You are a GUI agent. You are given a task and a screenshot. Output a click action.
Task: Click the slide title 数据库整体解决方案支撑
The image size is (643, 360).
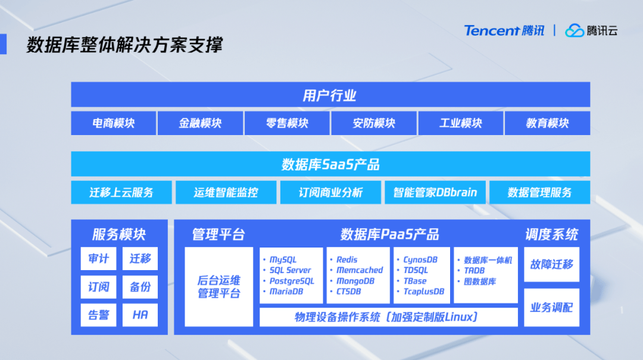tap(124, 45)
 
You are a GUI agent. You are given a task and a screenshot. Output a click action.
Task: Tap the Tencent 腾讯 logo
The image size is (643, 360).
tap(504, 30)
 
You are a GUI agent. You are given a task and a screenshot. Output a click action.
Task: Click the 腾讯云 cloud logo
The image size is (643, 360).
tap(591, 30)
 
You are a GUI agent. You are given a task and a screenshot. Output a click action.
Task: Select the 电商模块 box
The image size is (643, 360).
tap(114, 123)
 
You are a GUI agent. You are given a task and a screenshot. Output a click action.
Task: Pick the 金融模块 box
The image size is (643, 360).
tap(200, 123)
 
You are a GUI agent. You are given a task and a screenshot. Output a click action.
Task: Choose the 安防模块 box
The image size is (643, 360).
tap(374, 123)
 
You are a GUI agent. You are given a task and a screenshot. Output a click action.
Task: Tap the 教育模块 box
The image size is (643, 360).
tap(547, 123)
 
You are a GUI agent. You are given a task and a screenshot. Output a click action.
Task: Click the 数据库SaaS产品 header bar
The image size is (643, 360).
tap(330, 164)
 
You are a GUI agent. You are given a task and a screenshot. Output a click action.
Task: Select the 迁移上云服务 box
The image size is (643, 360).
tap(121, 192)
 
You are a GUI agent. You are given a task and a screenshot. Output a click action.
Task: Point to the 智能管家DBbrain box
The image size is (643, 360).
tap(435, 192)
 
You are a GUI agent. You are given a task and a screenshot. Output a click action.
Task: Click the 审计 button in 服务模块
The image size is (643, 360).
tap(99, 259)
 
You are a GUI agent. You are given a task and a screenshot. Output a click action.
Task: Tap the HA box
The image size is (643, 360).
tap(140, 315)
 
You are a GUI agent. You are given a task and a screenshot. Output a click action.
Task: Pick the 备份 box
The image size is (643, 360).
tap(140, 287)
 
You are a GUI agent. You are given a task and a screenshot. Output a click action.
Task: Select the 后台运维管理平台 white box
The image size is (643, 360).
tap(219, 287)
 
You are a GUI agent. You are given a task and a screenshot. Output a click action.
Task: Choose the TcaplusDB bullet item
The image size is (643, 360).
tap(423, 292)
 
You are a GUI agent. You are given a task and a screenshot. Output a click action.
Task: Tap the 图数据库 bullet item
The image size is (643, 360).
tap(480, 281)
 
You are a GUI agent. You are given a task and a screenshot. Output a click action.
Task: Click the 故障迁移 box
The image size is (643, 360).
tap(551, 264)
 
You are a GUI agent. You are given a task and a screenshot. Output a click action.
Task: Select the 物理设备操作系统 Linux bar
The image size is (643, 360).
tap(388, 317)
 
